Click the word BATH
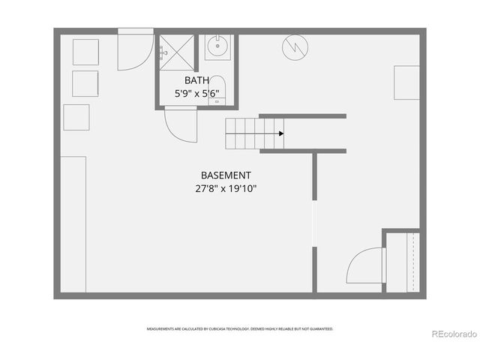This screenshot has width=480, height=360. coord(196,80)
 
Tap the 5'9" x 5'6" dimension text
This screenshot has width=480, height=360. coord(196,94)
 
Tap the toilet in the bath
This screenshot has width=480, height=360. coord(217,88)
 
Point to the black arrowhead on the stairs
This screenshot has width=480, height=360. coord(280,133)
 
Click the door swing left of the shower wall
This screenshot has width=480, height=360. coord(135,51)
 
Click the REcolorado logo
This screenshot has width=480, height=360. coord(452,333)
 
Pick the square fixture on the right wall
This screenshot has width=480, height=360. coord(406,82)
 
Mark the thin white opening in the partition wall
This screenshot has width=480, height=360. coord(314,225)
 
